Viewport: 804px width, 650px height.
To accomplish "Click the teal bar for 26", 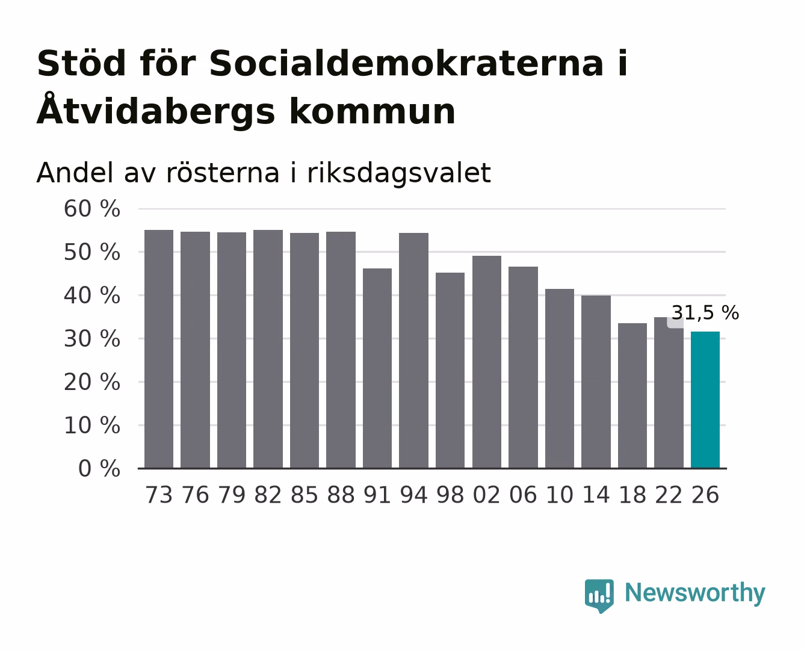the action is point(705,400).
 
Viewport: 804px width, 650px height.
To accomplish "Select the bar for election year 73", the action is point(159,349).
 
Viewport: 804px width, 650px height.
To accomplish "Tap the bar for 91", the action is point(377,368).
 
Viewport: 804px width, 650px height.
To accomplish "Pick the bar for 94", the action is point(413,351).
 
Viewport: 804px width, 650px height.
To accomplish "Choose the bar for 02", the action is point(486,362).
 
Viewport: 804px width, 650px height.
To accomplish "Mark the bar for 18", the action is point(632,395).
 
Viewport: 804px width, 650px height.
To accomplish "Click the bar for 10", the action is point(560,379).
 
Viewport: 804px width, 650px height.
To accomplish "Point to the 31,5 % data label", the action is point(705,313).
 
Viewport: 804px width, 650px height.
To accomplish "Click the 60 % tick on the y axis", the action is point(91,209).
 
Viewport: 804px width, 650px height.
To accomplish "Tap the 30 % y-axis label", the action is point(91,339).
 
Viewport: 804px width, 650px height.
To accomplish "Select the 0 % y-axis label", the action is point(99,469).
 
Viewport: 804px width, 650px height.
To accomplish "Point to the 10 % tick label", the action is point(91,426).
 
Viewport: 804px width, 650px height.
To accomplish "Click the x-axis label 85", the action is point(305,495).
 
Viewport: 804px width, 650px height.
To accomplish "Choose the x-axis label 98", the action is point(450,495).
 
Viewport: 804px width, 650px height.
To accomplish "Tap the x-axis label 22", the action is point(669,495).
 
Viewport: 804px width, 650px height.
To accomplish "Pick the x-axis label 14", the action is point(596,495).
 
